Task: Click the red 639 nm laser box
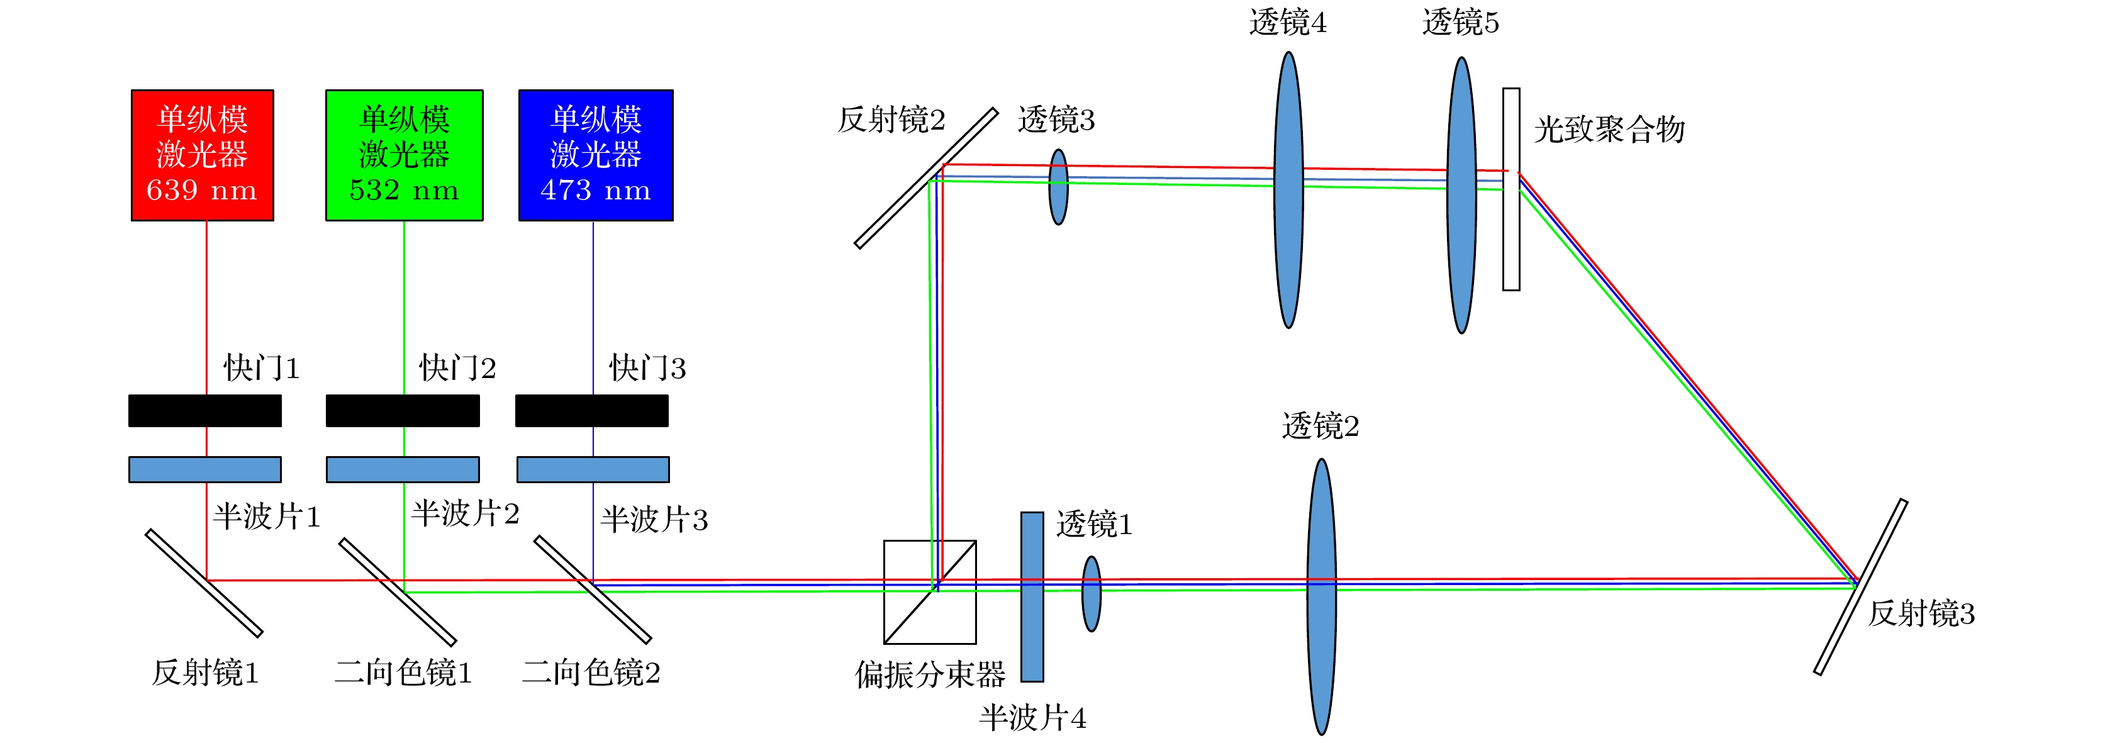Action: [x=203, y=155]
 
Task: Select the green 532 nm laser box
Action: [x=405, y=155]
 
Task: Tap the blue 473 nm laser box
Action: [x=596, y=155]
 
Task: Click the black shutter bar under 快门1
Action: [x=205, y=410]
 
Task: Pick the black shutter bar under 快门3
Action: [x=591, y=410]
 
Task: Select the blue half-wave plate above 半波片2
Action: [x=403, y=469]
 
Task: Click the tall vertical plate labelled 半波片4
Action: [x=1032, y=596]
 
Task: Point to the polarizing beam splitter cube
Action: [x=930, y=592]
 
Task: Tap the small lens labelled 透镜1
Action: [x=1091, y=595]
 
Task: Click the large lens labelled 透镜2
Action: [x=1321, y=596]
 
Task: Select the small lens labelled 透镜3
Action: [x=1058, y=186]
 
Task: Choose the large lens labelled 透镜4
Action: [x=1288, y=189]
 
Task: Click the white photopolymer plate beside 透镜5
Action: [x=1511, y=189]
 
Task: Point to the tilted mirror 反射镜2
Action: [x=926, y=178]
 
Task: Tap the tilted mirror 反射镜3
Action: [x=1861, y=587]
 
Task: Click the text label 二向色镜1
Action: [x=404, y=673]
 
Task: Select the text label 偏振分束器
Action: [x=930, y=674]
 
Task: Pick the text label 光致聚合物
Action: [x=1610, y=129]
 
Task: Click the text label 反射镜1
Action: [x=205, y=673]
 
